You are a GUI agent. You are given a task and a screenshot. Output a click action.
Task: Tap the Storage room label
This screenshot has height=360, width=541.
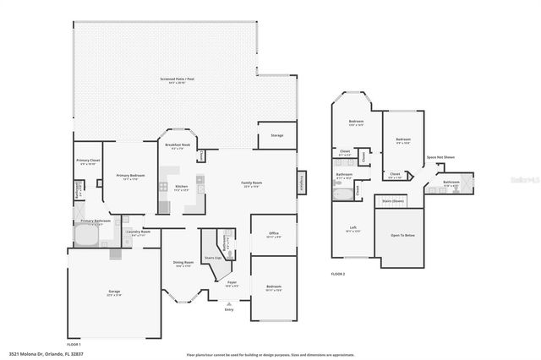pos(276,135)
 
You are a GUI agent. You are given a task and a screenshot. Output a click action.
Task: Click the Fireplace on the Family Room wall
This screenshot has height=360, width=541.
pos(299,185)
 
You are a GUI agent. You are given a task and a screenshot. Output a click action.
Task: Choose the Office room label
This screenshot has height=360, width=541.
pos(274,234)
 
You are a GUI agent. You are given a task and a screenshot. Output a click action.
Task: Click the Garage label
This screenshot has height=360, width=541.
pos(113,292)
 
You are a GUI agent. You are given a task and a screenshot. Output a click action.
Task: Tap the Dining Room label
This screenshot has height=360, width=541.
pos(183,264)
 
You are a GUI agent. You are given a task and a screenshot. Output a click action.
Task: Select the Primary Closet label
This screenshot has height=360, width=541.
pos(87,161)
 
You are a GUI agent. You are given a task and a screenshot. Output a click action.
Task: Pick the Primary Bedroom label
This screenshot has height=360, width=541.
pos(130,177)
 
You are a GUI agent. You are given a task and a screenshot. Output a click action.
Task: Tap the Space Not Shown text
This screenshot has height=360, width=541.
pos(440,157)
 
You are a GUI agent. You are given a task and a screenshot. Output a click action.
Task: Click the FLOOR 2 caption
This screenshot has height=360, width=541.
pos(337,274)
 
